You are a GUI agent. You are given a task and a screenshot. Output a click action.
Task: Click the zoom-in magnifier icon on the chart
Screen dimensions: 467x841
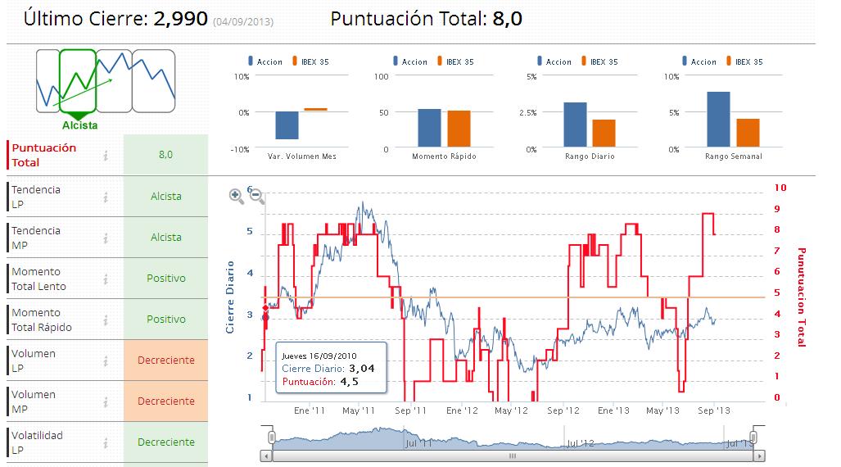pos(236,195)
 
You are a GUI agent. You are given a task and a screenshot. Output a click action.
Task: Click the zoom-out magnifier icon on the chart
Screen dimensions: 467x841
pos(255,195)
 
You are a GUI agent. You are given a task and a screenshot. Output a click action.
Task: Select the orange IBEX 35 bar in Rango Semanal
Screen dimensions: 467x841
pos(748,132)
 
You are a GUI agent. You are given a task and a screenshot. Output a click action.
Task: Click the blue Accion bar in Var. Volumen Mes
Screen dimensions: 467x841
pos(287,125)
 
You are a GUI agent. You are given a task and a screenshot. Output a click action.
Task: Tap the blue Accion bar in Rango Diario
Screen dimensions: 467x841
pos(575,125)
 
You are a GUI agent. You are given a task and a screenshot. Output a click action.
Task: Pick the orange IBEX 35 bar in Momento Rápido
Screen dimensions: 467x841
pos(459,129)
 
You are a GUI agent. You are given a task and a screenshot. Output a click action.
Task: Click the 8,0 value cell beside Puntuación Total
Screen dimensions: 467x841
pos(165,154)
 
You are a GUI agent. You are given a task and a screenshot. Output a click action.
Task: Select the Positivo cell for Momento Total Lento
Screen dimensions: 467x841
pos(165,279)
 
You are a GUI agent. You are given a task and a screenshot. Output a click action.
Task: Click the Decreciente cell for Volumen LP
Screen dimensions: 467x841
pos(165,360)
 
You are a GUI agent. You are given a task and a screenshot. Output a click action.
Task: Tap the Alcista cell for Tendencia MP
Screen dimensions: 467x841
pos(165,238)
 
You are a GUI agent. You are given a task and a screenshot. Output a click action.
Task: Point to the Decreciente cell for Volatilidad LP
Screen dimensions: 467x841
pos(165,442)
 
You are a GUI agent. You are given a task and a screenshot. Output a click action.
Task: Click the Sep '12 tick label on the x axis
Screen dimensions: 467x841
pos(563,410)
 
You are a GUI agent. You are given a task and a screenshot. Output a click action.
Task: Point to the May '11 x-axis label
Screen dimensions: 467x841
pos(359,410)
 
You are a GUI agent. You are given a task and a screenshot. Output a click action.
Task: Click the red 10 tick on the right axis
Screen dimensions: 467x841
pos(780,188)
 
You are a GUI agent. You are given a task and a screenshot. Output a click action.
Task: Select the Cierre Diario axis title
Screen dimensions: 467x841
pos(231,297)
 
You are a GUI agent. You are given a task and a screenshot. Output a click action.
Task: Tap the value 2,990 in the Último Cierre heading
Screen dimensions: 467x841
pos(180,19)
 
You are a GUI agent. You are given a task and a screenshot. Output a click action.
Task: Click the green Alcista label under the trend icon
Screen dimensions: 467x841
pos(80,125)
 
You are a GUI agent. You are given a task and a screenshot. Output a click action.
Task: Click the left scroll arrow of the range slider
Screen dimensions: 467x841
pos(265,456)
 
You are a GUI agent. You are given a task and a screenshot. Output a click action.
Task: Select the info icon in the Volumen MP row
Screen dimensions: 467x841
pos(106,401)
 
